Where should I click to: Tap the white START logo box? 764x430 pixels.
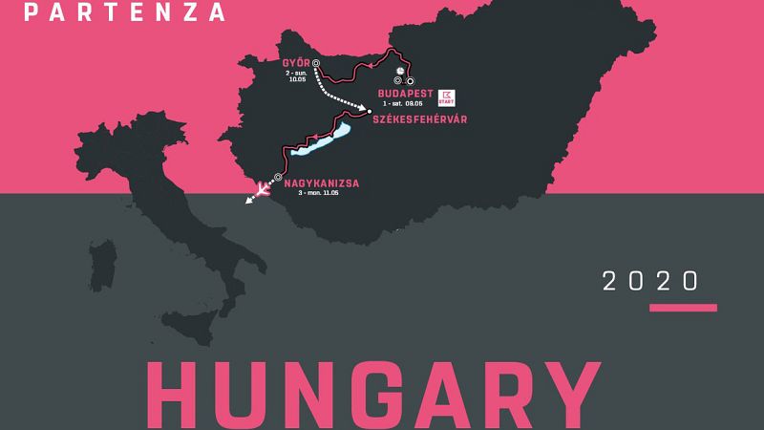click(x=446, y=97)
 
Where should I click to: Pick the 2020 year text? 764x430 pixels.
click(x=651, y=281)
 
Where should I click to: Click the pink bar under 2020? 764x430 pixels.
click(x=683, y=308)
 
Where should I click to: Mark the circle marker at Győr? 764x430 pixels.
click(x=315, y=67)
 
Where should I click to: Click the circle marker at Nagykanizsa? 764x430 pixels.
click(x=278, y=177)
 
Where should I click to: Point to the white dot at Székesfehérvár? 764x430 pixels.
click(x=370, y=112)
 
